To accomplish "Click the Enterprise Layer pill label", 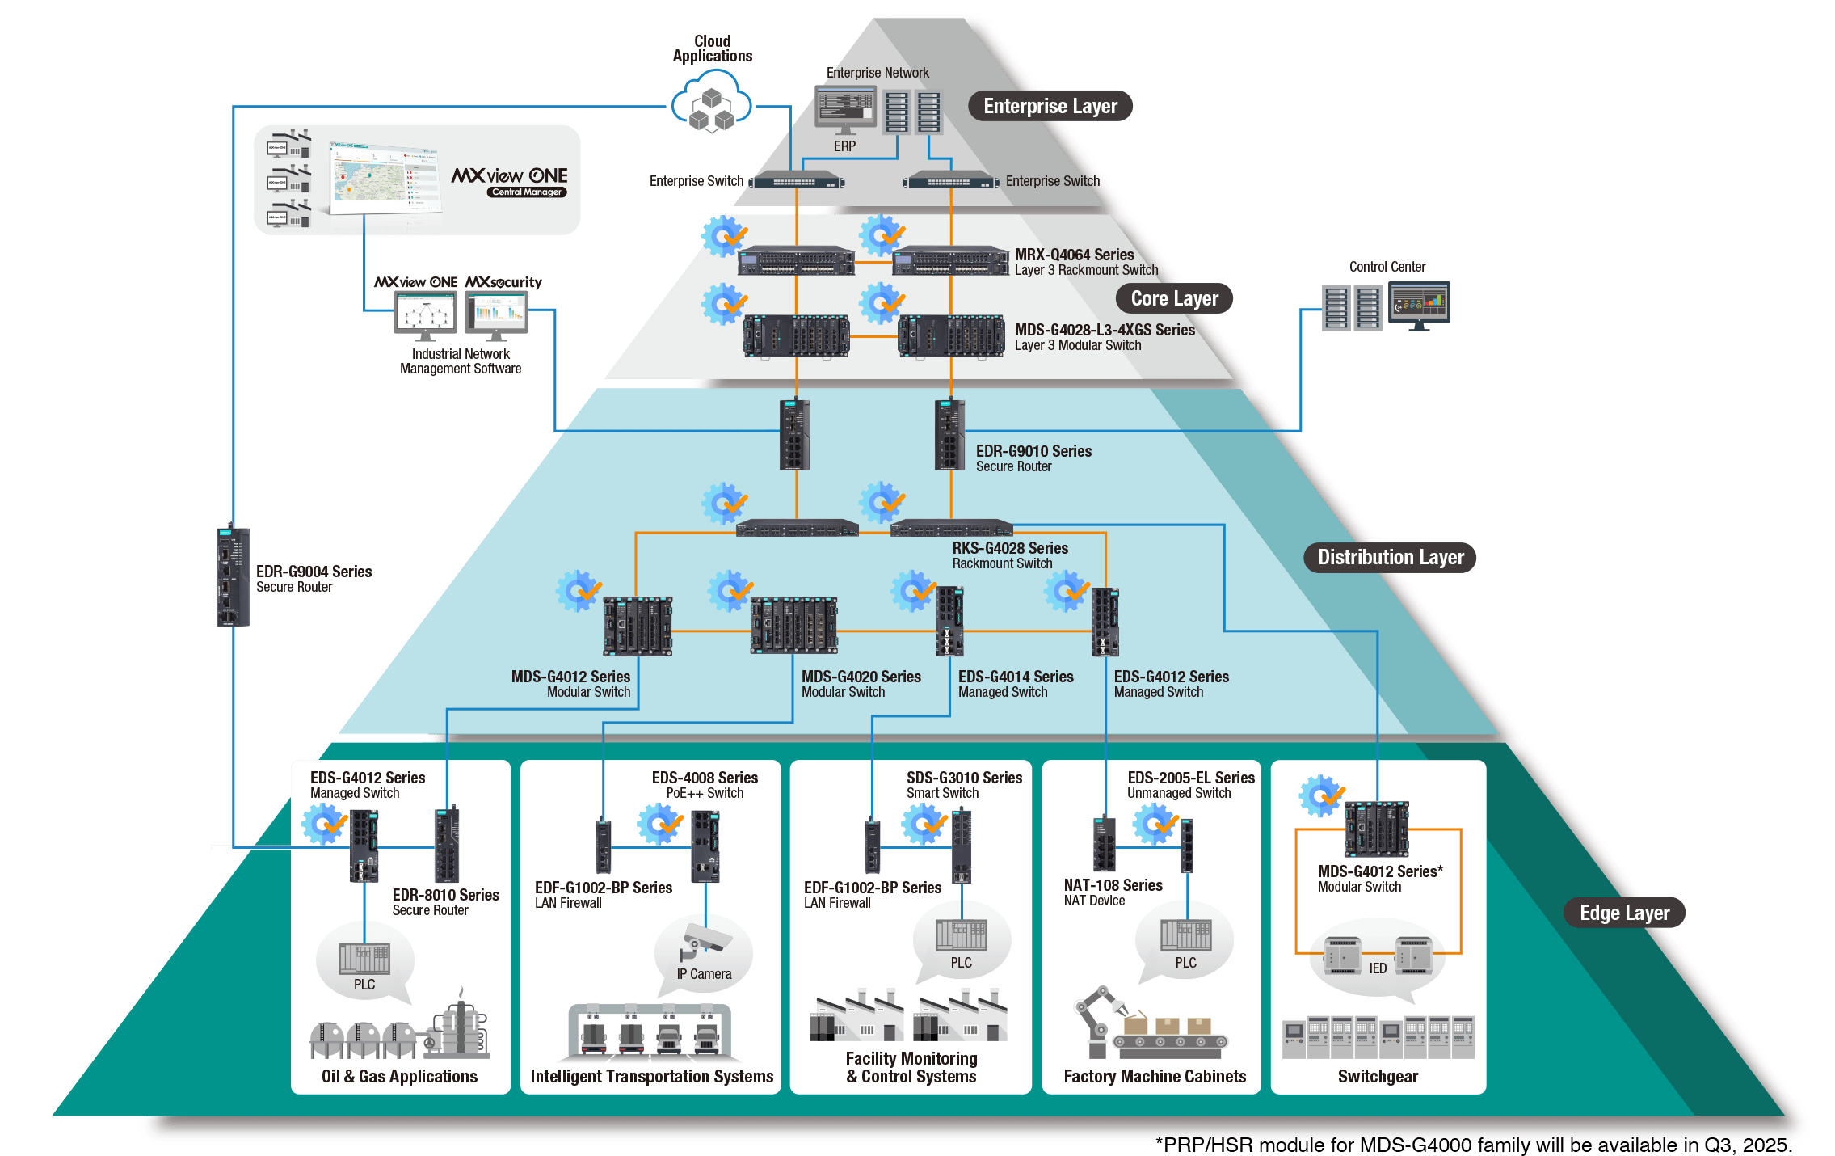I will (x=1050, y=106).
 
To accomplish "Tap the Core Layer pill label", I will (x=1174, y=298).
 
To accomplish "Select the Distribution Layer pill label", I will (x=1390, y=557).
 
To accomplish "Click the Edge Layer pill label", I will (x=1624, y=913).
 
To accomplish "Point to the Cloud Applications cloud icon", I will (x=712, y=103).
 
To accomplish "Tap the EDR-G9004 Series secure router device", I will (x=233, y=576).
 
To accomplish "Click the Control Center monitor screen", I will (x=1419, y=303).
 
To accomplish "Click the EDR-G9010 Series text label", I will (x=1033, y=451).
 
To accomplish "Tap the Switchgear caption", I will (x=1378, y=1076).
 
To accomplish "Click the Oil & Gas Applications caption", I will (x=399, y=1076).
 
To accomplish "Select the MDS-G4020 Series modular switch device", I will (x=793, y=625).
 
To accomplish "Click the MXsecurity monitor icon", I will (x=496, y=312).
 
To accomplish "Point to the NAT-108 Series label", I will (x=1113, y=885).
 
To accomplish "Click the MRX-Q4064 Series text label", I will (x=1074, y=255).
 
